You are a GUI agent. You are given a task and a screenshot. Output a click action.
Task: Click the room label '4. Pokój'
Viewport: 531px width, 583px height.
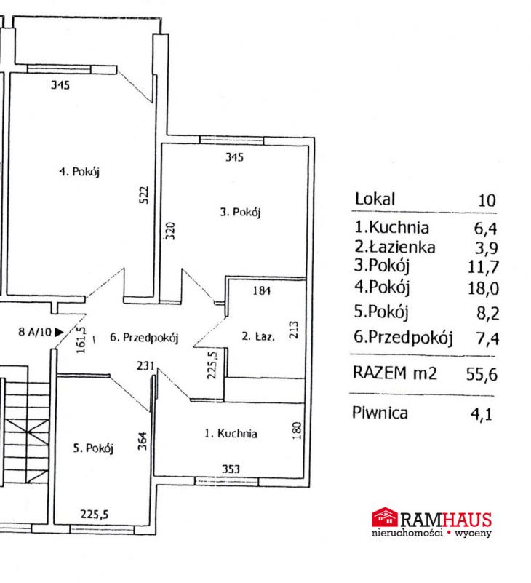79,172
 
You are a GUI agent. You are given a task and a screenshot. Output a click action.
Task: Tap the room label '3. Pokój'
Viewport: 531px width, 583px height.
241,212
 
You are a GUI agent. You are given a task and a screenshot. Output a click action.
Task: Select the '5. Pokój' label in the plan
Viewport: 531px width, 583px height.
93,448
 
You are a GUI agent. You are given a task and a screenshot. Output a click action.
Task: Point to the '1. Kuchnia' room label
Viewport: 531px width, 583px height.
231,433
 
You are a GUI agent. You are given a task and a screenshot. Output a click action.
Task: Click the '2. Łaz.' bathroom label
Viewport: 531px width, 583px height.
258,336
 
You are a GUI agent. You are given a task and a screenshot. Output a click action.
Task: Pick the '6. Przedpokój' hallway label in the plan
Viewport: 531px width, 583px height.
144,337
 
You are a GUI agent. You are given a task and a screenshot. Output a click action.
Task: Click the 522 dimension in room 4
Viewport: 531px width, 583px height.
144,195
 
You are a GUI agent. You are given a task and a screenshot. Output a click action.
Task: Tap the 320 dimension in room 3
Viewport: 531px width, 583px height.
169,231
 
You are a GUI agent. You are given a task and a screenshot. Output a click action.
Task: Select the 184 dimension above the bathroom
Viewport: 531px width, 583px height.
262,290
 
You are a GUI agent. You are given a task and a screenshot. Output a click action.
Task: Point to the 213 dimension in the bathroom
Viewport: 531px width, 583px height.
294,330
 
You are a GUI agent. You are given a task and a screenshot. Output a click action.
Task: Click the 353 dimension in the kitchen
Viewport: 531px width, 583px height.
231,469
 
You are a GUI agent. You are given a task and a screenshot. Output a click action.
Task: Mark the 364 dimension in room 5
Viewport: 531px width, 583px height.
143,441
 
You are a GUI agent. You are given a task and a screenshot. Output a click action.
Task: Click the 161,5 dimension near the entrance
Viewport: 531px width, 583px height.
81,340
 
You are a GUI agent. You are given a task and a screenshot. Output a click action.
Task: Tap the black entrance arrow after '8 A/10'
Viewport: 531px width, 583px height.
59,332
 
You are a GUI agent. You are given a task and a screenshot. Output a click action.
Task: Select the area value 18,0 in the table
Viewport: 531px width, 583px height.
483,288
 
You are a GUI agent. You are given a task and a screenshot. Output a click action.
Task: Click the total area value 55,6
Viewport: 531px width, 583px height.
482,374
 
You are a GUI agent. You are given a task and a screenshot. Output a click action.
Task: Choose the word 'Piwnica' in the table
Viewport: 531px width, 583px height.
380,413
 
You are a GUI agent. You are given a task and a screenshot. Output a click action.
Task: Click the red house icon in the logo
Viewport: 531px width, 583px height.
385,517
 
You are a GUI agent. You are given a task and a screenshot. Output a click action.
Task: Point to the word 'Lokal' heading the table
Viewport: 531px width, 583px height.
375,199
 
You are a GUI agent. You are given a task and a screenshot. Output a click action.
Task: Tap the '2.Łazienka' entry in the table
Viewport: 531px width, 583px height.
394,247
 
